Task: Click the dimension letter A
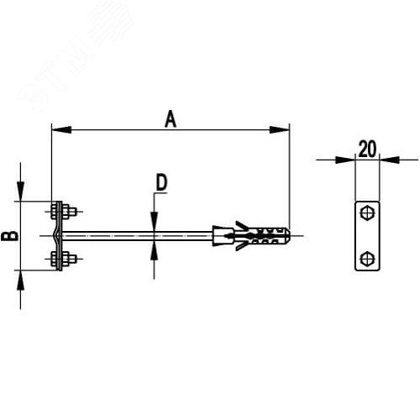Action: (x=171, y=119)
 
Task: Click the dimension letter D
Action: (x=161, y=182)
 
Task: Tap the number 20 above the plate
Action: (x=367, y=150)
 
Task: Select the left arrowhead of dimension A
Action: (x=61, y=129)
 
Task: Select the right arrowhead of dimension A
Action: (x=280, y=129)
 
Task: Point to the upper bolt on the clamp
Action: (x=64, y=212)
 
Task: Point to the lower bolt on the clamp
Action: (x=64, y=259)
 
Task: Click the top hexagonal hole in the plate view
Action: (x=367, y=213)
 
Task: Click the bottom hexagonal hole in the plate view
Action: (x=367, y=259)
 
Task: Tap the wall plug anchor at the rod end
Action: (x=251, y=236)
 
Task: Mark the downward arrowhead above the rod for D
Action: (x=154, y=222)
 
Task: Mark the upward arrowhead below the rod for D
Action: (x=154, y=250)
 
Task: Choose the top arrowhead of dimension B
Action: (x=20, y=192)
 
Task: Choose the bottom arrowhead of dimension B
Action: (x=20, y=281)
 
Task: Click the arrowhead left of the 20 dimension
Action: (x=345, y=160)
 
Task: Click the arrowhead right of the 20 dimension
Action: (x=390, y=160)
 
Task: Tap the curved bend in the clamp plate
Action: (x=58, y=236)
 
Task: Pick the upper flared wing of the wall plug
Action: (x=241, y=225)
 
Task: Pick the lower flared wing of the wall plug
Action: (x=241, y=246)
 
